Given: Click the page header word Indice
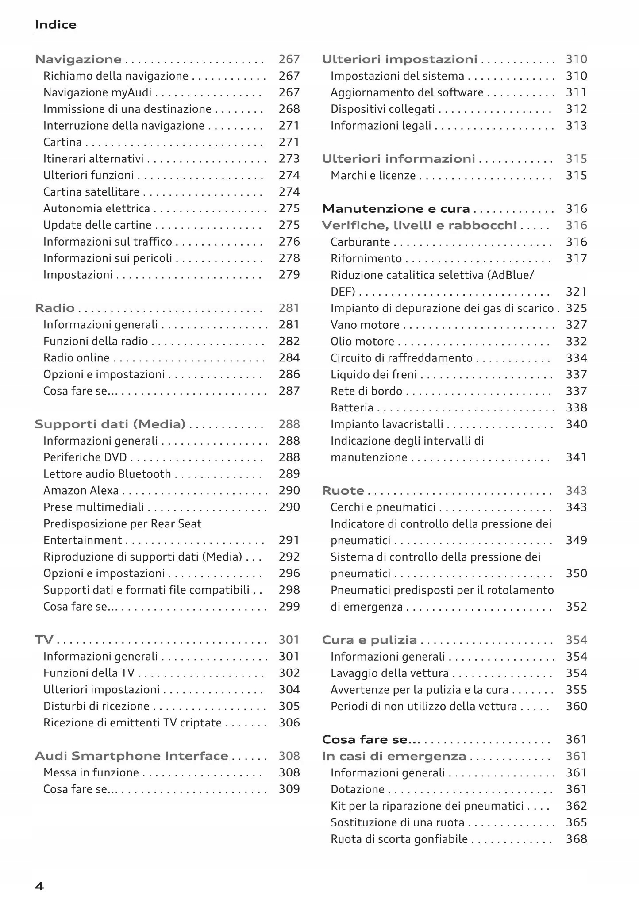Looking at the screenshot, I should (x=55, y=25).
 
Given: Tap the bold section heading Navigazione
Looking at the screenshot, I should (x=78, y=59).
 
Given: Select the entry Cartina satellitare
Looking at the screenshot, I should (x=91, y=192).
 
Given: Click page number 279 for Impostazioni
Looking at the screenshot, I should (x=289, y=275).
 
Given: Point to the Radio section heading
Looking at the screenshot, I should (x=54, y=308).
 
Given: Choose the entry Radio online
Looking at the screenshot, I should (x=76, y=358).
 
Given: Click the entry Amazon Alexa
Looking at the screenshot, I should (x=81, y=491).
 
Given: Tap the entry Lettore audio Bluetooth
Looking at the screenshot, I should (x=107, y=474).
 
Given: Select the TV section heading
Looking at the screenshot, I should (x=44, y=640).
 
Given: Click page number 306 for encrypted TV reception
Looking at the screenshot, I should (x=289, y=723).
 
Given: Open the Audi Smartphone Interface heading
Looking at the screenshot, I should (x=131, y=756).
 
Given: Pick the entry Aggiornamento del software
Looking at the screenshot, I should (x=407, y=92).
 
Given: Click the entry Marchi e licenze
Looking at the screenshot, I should (x=373, y=176).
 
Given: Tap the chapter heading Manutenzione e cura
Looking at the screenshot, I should (x=396, y=209).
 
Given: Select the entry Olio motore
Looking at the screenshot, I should (x=362, y=342).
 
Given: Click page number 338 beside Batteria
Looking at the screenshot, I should (x=576, y=408).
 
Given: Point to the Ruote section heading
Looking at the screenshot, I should (x=343, y=491).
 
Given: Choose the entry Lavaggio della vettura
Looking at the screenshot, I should (x=389, y=673).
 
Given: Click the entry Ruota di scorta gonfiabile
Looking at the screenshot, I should (x=399, y=839).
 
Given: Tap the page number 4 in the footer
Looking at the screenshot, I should (x=39, y=886).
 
